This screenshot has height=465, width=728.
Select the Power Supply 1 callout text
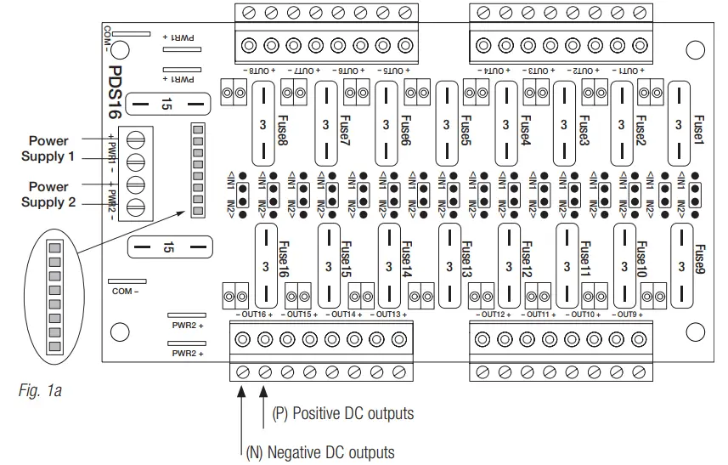[48, 148]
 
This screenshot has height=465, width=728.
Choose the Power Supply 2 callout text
[48, 194]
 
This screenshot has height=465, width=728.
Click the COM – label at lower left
[126, 291]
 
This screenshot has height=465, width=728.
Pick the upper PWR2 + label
[188, 325]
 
